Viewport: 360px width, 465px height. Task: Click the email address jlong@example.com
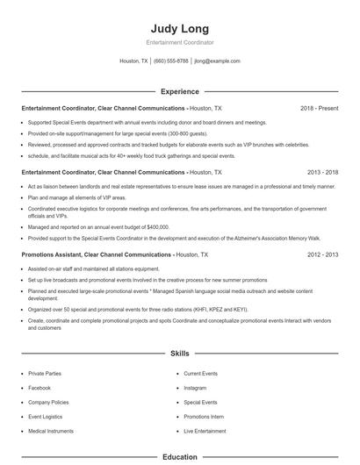pos(217,61)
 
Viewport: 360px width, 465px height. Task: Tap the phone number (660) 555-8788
pos(170,61)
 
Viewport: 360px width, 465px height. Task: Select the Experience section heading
pos(179,91)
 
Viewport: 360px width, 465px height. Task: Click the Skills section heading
pos(179,354)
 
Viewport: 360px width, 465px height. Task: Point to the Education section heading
pos(179,456)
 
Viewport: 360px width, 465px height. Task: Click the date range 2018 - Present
pos(319,108)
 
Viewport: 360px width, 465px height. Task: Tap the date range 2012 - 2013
pos(322,254)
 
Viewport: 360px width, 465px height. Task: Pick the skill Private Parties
pos(45,374)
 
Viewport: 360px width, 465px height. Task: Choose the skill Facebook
pos(40,388)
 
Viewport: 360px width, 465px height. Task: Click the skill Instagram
pos(195,388)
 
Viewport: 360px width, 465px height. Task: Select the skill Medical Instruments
pos(50,431)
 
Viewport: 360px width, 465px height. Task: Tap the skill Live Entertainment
pos(204,431)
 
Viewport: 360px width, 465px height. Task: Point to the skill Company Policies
pos(47,402)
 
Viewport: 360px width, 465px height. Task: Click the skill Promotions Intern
pos(204,417)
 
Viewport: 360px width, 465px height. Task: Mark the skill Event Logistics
pos(45,417)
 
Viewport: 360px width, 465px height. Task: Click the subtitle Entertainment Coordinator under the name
pos(179,42)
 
